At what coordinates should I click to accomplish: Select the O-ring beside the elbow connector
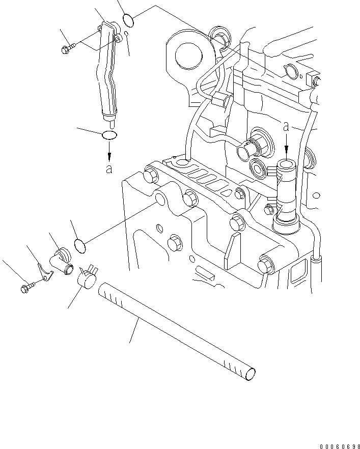coord(79,245)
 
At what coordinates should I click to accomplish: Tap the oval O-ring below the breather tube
coord(109,135)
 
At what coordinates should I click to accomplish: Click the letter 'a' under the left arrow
coord(109,169)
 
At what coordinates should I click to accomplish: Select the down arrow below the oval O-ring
coord(109,152)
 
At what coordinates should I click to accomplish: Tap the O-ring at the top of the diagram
coord(128,21)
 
